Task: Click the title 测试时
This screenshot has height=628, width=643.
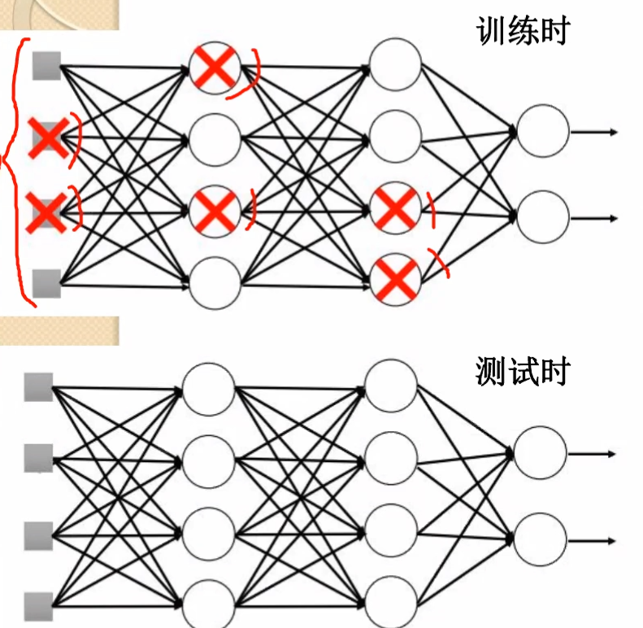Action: point(523,372)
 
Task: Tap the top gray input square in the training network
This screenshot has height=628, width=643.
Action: point(47,64)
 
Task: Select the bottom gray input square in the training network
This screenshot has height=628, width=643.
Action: point(47,283)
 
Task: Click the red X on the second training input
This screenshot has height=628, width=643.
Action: point(48,137)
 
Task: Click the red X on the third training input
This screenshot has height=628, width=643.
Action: point(47,211)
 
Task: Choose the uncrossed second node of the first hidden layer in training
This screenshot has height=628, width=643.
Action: point(215,139)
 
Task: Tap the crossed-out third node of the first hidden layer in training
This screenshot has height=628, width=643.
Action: point(215,212)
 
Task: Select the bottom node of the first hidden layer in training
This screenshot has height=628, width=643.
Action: point(215,283)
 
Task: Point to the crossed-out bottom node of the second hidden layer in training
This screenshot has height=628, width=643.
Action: point(396,280)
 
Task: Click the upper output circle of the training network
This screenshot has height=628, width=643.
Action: point(542,131)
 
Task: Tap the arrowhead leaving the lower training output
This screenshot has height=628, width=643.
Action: point(613,218)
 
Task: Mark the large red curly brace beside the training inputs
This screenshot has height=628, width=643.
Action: point(13,171)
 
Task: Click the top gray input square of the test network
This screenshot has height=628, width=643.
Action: point(38,387)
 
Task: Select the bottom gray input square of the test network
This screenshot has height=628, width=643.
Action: point(38,606)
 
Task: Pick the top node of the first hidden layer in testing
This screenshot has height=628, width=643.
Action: point(208,388)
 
